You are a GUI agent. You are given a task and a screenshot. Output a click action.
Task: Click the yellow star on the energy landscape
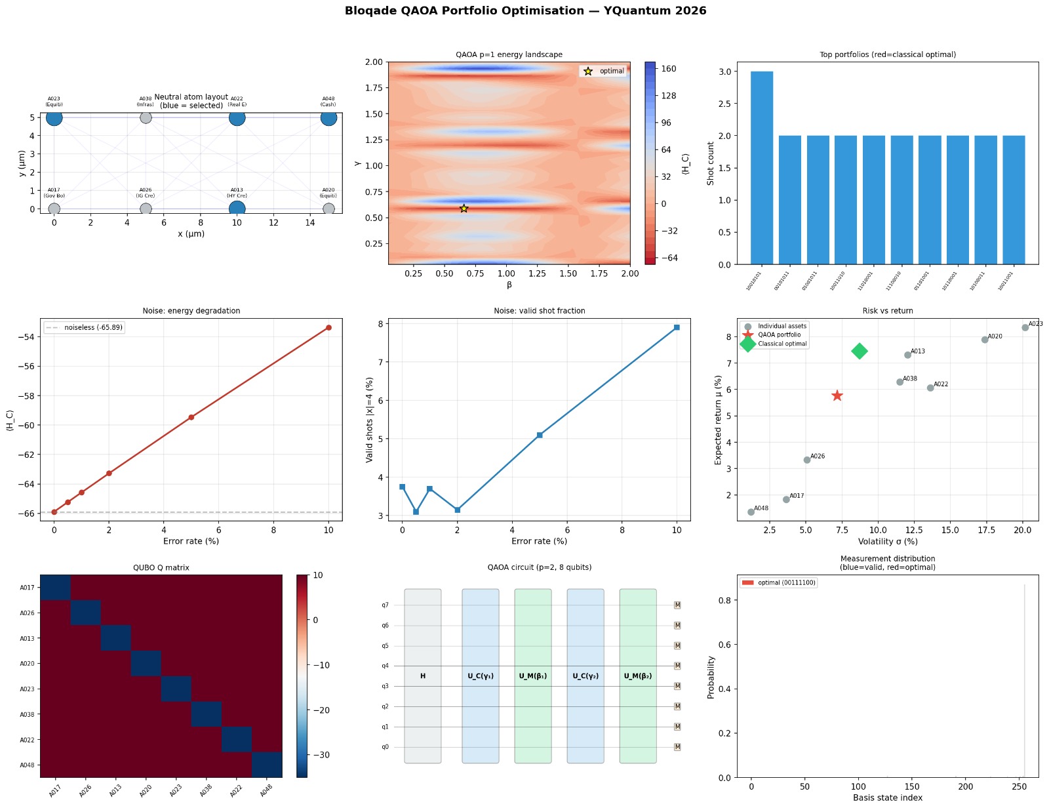pyautogui.click(x=464, y=209)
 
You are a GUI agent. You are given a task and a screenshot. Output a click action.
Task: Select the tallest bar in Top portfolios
pyautogui.click(x=762, y=167)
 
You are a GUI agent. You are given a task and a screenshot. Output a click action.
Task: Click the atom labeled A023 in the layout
pyautogui.click(x=54, y=118)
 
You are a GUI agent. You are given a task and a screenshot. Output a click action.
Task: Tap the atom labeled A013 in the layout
pyautogui.click(x=237, y=209)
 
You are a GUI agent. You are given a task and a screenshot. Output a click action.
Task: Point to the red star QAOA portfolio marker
pyautogui.click(x=837, y=395)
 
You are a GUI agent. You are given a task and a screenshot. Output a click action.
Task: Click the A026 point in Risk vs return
pyautogui.click(x=807, y=460)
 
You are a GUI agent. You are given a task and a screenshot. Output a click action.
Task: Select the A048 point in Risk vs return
pyautogui.click(x=751, y=512)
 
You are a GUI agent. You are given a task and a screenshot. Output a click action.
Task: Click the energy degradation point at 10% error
pyautogui.click(x=328, y=328)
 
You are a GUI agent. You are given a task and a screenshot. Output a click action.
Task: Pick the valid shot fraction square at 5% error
pyautogui.click(x=540, y=435)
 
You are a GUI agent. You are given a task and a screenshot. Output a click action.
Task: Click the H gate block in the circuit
pyautogui.click(x=423, y=676)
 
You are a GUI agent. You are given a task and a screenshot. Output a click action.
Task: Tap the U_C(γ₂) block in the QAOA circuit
pyautogui.click(x=585, y=676)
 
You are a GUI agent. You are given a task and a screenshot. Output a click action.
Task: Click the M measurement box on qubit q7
pyautogui.click(x=677, y=605)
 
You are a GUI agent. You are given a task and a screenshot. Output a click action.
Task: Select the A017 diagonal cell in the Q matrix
pyautogui.click(x=55, y=588)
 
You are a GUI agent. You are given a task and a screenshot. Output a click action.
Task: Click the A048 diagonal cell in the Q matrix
pyautogui.click(x=267, y=765)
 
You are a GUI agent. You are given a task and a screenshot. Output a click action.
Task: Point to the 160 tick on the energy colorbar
pyautogui.click(x=669, y=69)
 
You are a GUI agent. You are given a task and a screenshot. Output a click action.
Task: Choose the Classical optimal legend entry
pyautogui.click(x=782, y=344)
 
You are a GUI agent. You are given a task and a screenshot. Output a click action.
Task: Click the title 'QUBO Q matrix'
pyautogui.click(x=161, y=567)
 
